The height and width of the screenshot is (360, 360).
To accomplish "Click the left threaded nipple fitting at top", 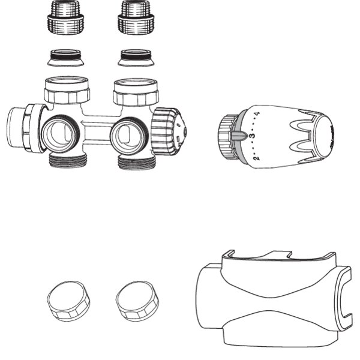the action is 65,17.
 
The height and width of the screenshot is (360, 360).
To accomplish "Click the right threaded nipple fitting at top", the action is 136,17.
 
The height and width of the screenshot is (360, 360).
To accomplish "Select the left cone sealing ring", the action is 65,58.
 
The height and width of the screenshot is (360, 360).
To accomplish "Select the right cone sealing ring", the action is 136,58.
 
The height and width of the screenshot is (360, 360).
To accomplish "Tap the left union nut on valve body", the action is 67,90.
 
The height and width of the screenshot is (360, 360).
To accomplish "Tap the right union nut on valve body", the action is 136,92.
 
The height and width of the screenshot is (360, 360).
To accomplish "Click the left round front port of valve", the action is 61,134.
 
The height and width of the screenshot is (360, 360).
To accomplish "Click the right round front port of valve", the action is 128,136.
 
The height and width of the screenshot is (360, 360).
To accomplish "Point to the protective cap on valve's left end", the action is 26,128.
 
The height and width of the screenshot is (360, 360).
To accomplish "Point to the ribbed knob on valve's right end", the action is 169,131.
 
